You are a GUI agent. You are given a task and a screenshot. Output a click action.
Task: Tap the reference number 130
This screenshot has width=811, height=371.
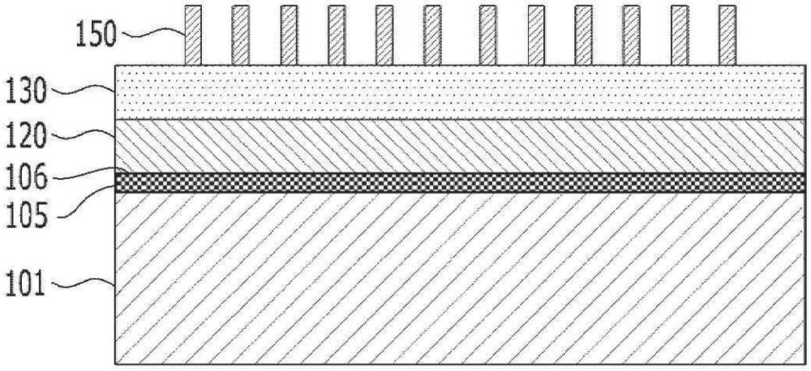coord(25,93)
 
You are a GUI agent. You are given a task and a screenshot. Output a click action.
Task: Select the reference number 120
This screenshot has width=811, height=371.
coord(25,138)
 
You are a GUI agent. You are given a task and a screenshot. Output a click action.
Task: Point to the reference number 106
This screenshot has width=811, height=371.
coord(25,178)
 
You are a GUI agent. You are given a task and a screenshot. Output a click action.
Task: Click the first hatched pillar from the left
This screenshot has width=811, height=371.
coord(193,35)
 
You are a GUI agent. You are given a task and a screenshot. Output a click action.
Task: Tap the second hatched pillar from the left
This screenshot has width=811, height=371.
coord(241,35)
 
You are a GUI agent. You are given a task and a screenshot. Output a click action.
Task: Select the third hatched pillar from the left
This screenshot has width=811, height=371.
coord(290,35)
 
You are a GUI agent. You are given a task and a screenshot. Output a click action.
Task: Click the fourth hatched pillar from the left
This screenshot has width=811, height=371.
coord(337,35)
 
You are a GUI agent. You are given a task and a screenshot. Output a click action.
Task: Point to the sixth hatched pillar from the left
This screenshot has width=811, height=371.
coord(432,35)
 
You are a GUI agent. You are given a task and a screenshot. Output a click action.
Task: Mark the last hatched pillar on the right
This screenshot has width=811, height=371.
coord(727,35)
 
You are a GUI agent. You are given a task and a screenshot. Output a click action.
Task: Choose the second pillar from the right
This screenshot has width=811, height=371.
coord(680,35)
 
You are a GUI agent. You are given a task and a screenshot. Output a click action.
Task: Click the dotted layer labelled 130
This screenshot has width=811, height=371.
coord(460,92)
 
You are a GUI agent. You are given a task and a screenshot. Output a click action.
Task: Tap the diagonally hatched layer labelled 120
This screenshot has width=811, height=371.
coord(460,147)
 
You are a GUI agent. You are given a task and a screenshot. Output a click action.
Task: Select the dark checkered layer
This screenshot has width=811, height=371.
coord(460,182)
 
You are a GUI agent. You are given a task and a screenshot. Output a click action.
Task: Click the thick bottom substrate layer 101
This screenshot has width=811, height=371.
coord(460,278)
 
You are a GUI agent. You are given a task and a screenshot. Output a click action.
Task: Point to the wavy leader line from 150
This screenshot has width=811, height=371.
coord(152,33)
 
